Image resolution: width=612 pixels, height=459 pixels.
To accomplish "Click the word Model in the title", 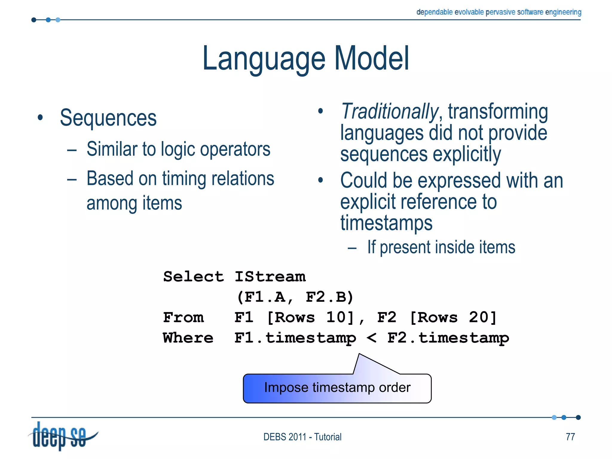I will [371, 59].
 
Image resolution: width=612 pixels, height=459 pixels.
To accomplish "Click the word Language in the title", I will [264, 59].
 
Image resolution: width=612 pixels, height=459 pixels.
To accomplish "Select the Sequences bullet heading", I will [108, 118].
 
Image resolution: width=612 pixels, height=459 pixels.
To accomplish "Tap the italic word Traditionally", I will [389, 111].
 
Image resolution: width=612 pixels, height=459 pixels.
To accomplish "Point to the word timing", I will [184, 179].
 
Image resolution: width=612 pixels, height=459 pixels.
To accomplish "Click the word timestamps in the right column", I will [386, 223].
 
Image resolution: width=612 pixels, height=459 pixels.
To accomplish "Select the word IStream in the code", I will [270, 276].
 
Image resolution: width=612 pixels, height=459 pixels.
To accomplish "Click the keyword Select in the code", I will [193, 276].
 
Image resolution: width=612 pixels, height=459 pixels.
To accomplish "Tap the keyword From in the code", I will [183, 317].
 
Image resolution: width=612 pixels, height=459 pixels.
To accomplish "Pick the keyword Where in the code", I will [188, 338].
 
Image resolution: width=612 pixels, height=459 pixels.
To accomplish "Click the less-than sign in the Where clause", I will [371, 338].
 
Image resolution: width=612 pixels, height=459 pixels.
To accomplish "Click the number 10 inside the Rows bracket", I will [336, 317].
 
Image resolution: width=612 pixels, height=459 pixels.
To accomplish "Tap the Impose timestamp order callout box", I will [337, 388].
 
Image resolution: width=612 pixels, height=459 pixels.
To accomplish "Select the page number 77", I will [570, 437].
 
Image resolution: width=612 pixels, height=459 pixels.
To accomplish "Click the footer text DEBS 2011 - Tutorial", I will [302, 437].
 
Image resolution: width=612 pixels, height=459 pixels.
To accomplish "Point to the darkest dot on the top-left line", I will [34, 20].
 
